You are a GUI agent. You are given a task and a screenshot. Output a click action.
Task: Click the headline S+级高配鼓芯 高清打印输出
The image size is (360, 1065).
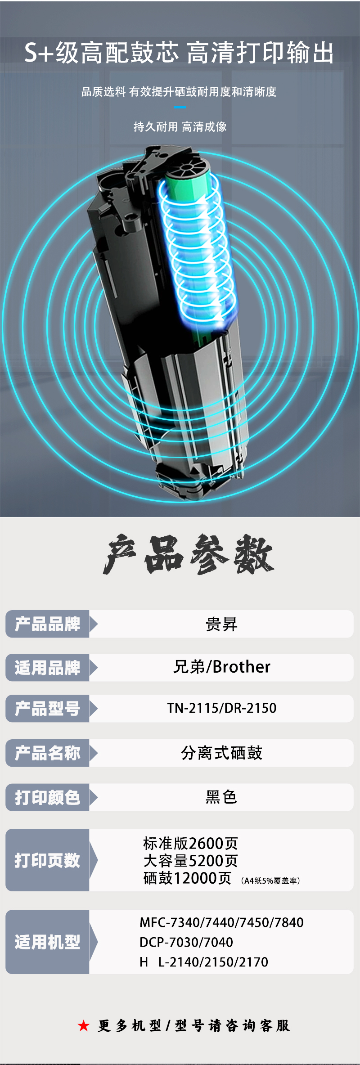179,53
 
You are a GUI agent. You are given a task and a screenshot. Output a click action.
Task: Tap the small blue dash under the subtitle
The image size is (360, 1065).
180,107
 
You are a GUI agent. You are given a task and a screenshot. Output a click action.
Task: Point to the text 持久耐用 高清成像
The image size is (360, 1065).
180,127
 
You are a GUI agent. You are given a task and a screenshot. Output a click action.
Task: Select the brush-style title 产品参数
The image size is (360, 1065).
188,555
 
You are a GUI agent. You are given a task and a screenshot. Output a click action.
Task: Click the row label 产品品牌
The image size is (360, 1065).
47,624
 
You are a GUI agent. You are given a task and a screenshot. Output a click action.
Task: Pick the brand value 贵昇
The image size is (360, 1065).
221,625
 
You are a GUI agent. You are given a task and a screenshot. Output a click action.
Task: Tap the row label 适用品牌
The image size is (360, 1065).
47,668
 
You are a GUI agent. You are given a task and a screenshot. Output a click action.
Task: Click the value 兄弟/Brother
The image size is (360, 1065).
222,667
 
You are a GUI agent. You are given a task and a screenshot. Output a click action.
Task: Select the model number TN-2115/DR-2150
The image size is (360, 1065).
222,708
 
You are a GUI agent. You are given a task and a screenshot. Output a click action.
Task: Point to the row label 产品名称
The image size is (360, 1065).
47,753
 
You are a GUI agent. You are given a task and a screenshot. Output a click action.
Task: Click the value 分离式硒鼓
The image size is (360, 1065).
221,753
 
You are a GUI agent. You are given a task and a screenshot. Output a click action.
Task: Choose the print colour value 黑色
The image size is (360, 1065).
221,797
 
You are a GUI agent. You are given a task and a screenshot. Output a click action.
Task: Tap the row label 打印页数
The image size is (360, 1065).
47,860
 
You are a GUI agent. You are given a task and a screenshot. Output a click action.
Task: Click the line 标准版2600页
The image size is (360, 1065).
190,843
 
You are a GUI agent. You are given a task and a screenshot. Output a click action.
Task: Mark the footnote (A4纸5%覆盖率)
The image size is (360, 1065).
270,881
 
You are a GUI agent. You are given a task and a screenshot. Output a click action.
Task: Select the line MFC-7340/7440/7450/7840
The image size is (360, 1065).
221,922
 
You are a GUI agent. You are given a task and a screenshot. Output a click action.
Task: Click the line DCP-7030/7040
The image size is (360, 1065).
186,942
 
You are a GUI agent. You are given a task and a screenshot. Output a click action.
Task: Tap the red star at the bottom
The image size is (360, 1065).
84,1025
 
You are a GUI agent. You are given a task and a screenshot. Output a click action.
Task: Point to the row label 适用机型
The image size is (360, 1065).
47,942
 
